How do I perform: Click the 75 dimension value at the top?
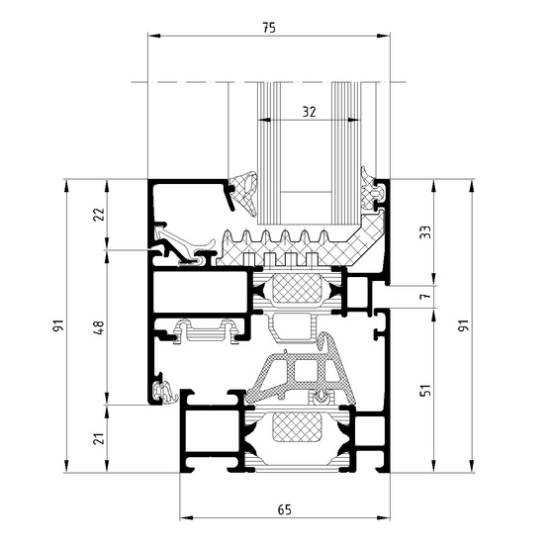coord(268,27)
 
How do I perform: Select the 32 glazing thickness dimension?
coord(309,112)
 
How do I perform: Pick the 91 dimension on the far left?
coord(57,325)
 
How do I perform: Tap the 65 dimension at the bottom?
coord(284,509)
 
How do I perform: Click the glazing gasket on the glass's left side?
coord(242,193)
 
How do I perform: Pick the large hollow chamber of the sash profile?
coord(198,295)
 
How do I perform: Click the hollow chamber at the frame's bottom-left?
coord(207,435)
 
